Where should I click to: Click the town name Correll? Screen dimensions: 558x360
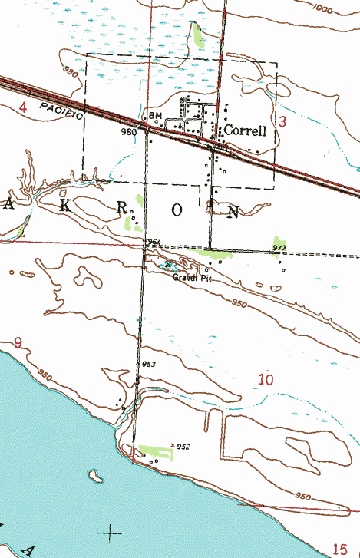point(245,131)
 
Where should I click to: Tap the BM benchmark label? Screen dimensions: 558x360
point(156,117)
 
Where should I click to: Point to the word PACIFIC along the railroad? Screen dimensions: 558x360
point(61,111)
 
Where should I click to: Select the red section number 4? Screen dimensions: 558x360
point(22,108)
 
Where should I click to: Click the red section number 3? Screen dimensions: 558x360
point(282,121)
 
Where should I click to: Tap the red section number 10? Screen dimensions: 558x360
point(266,379)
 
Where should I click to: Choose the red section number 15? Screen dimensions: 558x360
point(340,548)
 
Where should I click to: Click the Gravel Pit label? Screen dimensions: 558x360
point(191,278)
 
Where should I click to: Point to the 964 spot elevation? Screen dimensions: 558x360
point(154,243)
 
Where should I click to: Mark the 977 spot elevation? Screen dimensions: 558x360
point(279,248)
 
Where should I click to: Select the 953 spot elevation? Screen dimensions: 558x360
point(150,363)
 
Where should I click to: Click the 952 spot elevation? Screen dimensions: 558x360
point(183,446)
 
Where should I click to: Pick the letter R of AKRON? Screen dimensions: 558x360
point(121,210)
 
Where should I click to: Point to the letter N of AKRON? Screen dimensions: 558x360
point(233,210)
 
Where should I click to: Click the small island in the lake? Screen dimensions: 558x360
point(96,475)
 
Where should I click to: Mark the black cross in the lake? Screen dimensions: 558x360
point(112,531)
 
